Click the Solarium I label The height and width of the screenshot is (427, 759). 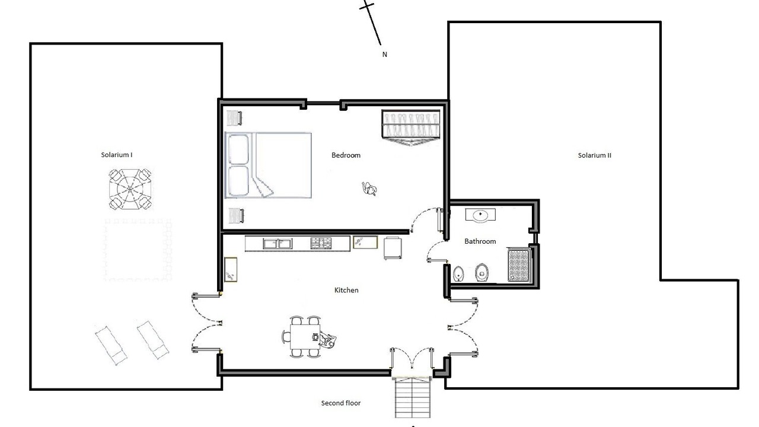click(117, 155)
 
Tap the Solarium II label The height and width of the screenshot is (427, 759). click(595, 155)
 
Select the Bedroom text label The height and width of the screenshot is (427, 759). click(346, 155)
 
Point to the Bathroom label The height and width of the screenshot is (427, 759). click(480, 241)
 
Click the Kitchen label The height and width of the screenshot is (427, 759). click(346, 290)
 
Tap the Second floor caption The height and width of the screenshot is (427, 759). click(341, 403)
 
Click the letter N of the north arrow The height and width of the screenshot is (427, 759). click(385, 54)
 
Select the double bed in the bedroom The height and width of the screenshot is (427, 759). click(269, 165)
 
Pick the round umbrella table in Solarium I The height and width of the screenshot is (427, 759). click(130, 189)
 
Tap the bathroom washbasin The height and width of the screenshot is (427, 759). click(480, 215)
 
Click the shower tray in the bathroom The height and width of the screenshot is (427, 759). click(519, 265)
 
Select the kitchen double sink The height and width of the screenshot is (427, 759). click(277, 244)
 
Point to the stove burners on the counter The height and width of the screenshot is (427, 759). click(321, 243)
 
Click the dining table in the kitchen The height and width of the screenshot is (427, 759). click(305, 336)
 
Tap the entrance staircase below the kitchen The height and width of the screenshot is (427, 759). click(412, 397)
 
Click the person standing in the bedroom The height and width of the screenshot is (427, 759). click(369, 189)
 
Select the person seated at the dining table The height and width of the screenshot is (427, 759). click(326, 340)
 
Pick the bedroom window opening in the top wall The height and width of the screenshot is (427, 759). click(323, 103)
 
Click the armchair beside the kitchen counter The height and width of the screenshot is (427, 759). click(393, 248)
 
